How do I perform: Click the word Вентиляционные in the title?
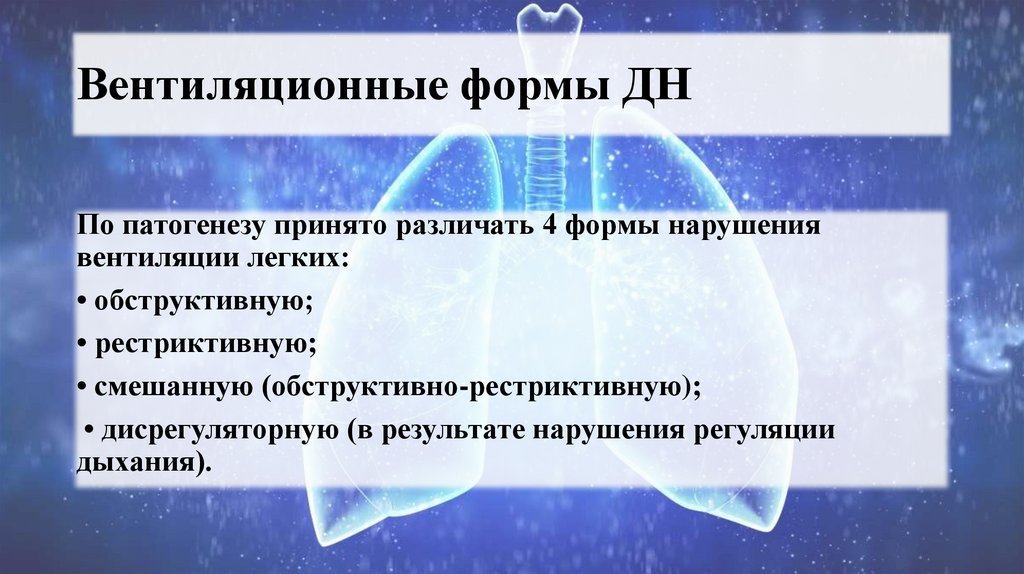coord(259,85)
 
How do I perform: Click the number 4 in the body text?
coord(547,223)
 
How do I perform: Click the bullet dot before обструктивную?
coord(81,301)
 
